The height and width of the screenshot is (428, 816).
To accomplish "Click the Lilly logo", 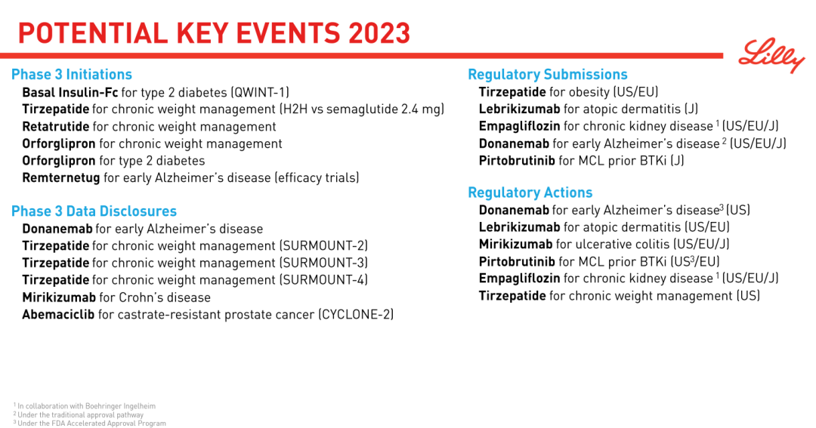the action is click(771, 55).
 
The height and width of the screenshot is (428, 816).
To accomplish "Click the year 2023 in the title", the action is click(379, 34).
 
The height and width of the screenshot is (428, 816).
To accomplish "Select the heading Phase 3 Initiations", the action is click(72, 75).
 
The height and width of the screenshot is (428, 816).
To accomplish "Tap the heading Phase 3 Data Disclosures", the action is click(94, 211).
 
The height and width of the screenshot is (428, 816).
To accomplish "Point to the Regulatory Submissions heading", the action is click(548, 75).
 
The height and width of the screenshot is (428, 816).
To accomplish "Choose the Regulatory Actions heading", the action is click(530, 193).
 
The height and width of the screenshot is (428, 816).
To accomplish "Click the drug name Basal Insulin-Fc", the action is click(70, 93).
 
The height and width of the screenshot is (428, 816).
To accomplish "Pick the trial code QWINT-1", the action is click(261, 93).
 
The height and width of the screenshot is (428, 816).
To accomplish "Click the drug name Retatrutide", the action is click(56, 127).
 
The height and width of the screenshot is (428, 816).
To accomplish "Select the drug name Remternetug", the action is click(61, 178).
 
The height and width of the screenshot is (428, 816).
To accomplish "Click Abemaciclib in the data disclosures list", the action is click(58, 315).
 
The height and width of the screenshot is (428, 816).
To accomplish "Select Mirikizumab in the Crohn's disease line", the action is click(59, 297).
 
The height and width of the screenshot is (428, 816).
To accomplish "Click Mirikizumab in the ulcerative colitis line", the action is click(516, 245).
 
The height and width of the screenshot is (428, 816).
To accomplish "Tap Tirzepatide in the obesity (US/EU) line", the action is click(512, 92).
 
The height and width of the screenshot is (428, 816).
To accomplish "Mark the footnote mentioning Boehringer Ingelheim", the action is click(85, 406).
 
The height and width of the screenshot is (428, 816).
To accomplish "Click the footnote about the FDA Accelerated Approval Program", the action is click(89, 423).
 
